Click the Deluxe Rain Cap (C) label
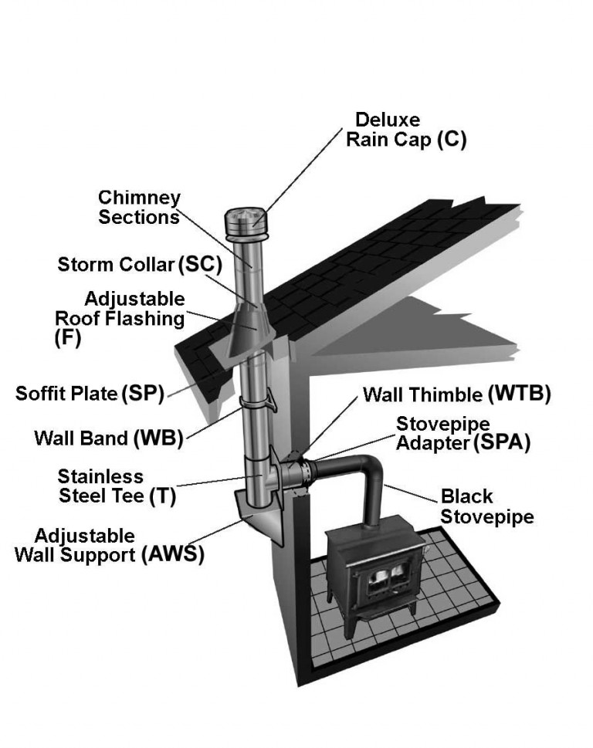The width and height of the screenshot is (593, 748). click(406, 130)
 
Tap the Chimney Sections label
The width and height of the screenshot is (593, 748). click(139, 207)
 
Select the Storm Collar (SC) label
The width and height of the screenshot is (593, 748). click(140, 265)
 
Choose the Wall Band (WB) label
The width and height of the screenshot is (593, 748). click(109, 438)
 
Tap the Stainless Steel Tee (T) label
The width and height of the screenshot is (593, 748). click(117, 486)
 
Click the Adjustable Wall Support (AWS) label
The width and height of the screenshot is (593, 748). click(109, 545)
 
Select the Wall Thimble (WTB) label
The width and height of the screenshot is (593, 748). click(456, 394)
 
